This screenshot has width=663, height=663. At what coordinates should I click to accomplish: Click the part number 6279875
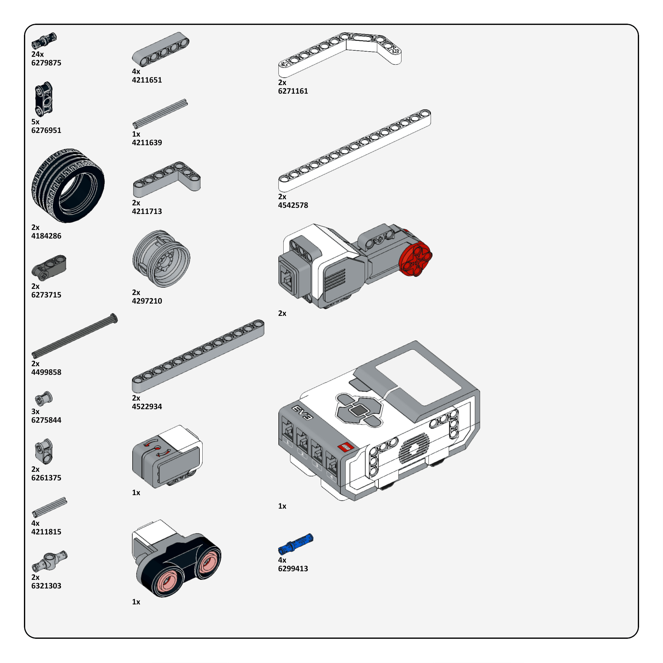(46, 63)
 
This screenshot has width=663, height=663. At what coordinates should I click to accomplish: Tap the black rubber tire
(68, 186)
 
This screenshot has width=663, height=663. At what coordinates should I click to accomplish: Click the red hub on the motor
(415, 259)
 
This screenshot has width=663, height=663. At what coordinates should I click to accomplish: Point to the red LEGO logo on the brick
(346, 447)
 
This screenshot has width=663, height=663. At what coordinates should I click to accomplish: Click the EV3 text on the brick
(302, 413)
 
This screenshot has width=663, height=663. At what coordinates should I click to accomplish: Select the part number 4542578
(293, 205)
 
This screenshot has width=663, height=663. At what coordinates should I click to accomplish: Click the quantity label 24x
(37, 54)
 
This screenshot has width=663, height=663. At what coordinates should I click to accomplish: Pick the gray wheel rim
(161, 259)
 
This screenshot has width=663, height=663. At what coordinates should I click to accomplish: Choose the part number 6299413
(293, 569)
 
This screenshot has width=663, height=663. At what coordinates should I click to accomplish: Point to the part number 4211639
(147, 142)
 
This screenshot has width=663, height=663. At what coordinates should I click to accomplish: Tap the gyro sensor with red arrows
(167, 456)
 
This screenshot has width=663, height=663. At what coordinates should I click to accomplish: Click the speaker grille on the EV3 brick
(414, 448)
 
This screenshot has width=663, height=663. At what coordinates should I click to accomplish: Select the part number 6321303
(46, 586)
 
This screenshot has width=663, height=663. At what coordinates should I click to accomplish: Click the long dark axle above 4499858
(75, 335)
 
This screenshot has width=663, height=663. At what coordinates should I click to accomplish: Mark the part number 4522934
(147, 407)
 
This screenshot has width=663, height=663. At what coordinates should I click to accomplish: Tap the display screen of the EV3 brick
(418, 377)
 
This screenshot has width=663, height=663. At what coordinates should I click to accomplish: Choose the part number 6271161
(293, 91)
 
